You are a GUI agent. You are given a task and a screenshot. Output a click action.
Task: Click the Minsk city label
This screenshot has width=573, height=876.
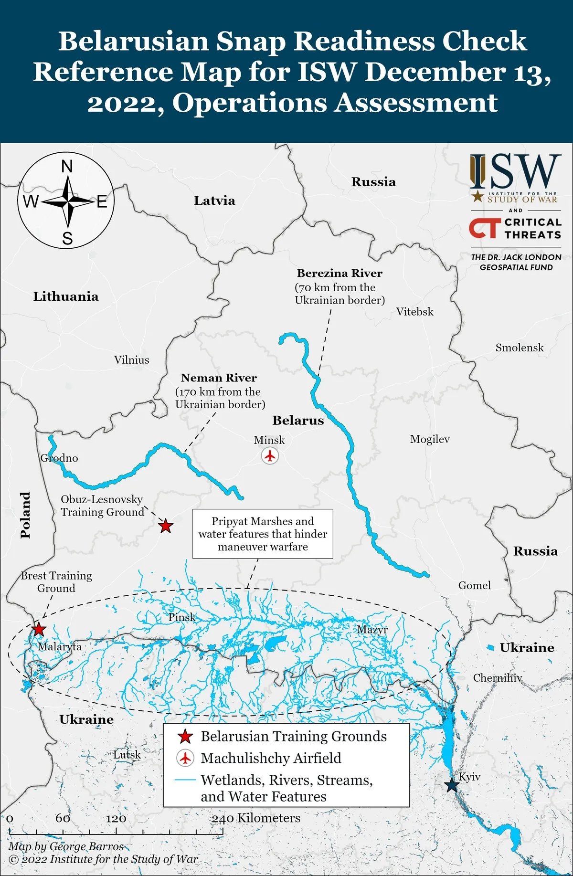[269, 440]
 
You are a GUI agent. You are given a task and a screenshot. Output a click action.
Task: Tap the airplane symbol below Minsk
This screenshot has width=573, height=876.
[270, 456]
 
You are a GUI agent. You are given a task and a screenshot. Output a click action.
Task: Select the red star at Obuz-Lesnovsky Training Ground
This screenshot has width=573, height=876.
[165, 526]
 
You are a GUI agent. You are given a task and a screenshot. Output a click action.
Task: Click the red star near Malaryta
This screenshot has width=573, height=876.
[39, 629]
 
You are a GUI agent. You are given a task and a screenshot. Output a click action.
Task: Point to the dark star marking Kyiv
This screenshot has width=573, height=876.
[451, 785]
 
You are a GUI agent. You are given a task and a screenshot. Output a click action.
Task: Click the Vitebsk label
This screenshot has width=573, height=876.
[414, 312]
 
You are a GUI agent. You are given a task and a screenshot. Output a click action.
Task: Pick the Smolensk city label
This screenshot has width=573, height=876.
[519, 348]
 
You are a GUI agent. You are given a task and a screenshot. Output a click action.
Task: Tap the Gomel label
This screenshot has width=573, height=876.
[474, 585]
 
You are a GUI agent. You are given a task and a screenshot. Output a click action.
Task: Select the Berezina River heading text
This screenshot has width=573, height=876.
[340, 273]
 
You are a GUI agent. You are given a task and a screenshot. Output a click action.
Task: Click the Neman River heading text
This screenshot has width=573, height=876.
[219, 378]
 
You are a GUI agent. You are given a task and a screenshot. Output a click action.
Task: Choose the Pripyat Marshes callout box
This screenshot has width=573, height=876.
[263, 534]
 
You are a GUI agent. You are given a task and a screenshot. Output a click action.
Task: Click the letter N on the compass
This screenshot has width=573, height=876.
[67, 167]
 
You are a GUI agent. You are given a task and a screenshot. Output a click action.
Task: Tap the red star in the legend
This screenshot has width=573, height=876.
[185, 737]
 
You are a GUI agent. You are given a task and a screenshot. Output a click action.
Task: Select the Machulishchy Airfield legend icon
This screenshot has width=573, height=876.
[185, 758]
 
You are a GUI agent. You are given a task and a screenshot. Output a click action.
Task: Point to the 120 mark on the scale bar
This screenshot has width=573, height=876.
[116, 818]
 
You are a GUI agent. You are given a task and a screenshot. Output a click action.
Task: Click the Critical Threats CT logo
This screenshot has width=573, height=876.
[485, 228]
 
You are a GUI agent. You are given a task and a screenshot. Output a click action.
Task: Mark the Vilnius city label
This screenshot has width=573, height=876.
[131, 360]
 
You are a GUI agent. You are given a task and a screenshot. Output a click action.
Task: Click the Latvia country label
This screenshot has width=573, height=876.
[214, 201]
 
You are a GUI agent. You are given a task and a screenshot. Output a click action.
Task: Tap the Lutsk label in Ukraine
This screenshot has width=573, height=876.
[127, 754]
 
